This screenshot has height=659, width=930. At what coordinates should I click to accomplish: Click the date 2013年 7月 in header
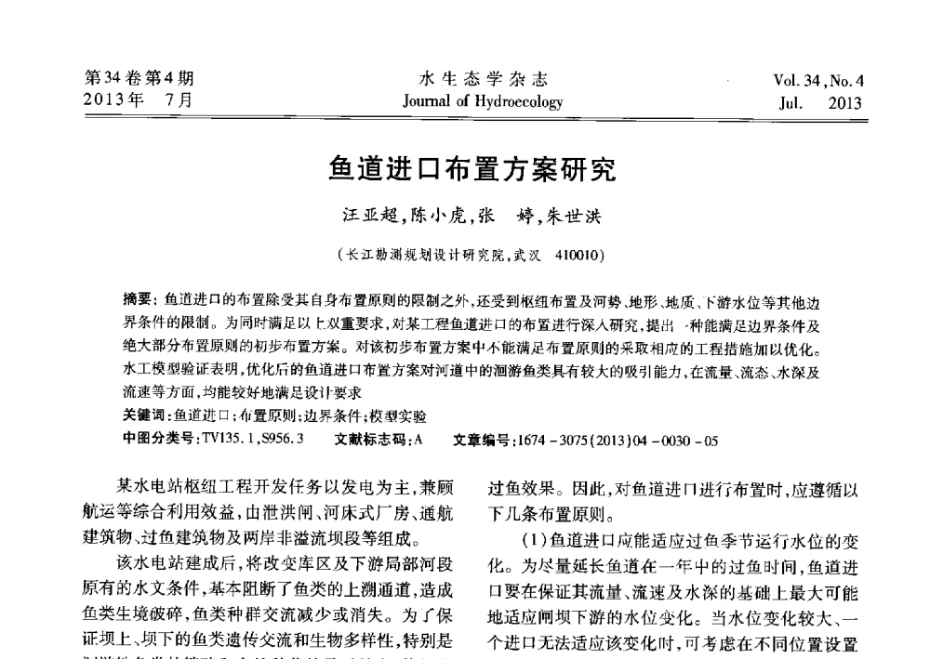[x=139, y=100]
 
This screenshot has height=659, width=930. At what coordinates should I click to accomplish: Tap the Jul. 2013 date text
[x=820, y=103]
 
